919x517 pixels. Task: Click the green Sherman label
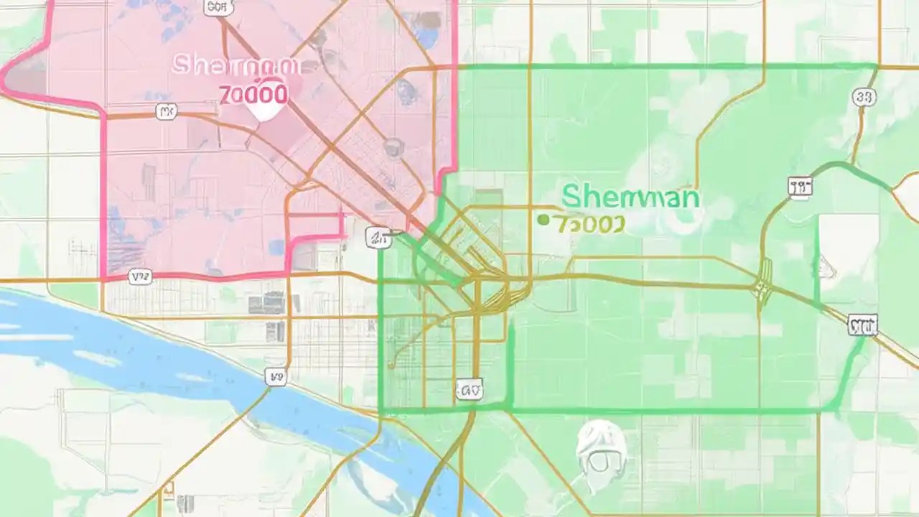click(630, 196)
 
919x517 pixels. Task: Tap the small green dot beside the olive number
click(544, 220)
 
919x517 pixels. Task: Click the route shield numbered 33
click(864, 97)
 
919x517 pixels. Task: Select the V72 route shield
click(140, 276)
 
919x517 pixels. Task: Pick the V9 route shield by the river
click(275, 376)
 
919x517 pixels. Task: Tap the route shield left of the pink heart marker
click(167, 111)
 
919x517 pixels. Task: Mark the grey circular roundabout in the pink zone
click(393, 147)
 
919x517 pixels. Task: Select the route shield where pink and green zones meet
click(378, 238)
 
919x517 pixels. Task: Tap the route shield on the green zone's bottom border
click(468, 390)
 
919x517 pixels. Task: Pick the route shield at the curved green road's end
click(800, 187)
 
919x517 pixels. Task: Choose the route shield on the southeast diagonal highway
click(862, 325)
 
